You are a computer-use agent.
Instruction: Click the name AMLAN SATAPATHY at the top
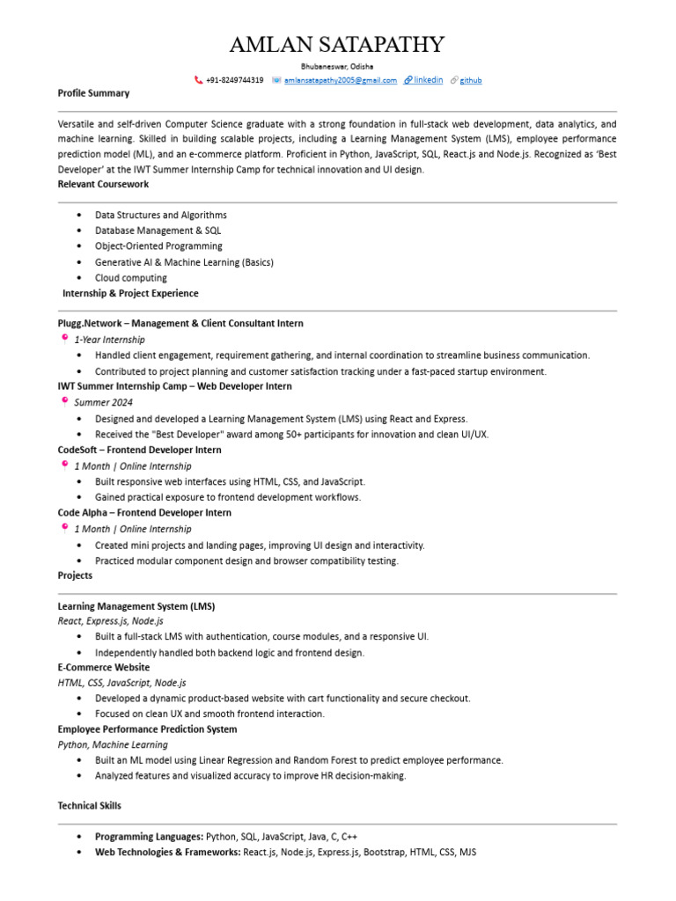[x=337, y=45]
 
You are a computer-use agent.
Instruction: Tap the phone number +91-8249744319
[x=234, y=80]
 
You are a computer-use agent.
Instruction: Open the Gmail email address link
[x=340, y=80]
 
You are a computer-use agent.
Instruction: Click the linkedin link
[x=428, y=80]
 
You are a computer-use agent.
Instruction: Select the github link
[x=471, y=80]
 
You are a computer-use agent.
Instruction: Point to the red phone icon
[x=198, y=80]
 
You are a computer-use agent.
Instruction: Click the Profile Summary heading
[x=93, y=93]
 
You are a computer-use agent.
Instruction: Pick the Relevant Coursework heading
[x=103, y=185]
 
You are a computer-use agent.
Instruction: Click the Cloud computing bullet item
[x=130, y=278]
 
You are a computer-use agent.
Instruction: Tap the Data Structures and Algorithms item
[x=160, y=216]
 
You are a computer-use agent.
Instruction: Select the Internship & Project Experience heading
[x=130, y=294]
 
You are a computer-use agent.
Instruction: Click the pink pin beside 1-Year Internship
[x=64, y=338]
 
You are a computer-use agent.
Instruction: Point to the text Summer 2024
[x=103, y=402]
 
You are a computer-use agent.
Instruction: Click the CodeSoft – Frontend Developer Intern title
[x=139, y=450]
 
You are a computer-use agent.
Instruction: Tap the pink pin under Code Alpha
[x=64, y=528]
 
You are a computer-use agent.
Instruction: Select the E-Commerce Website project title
[x=104, y=667]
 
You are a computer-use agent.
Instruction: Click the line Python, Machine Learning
[x=113, y=744]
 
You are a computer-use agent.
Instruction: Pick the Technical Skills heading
[x=90, y=806]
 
